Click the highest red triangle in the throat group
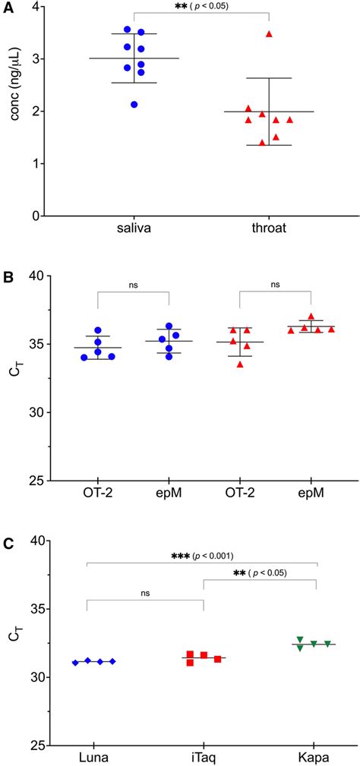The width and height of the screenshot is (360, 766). (269, 34)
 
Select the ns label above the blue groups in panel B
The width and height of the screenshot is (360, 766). (133, 285)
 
